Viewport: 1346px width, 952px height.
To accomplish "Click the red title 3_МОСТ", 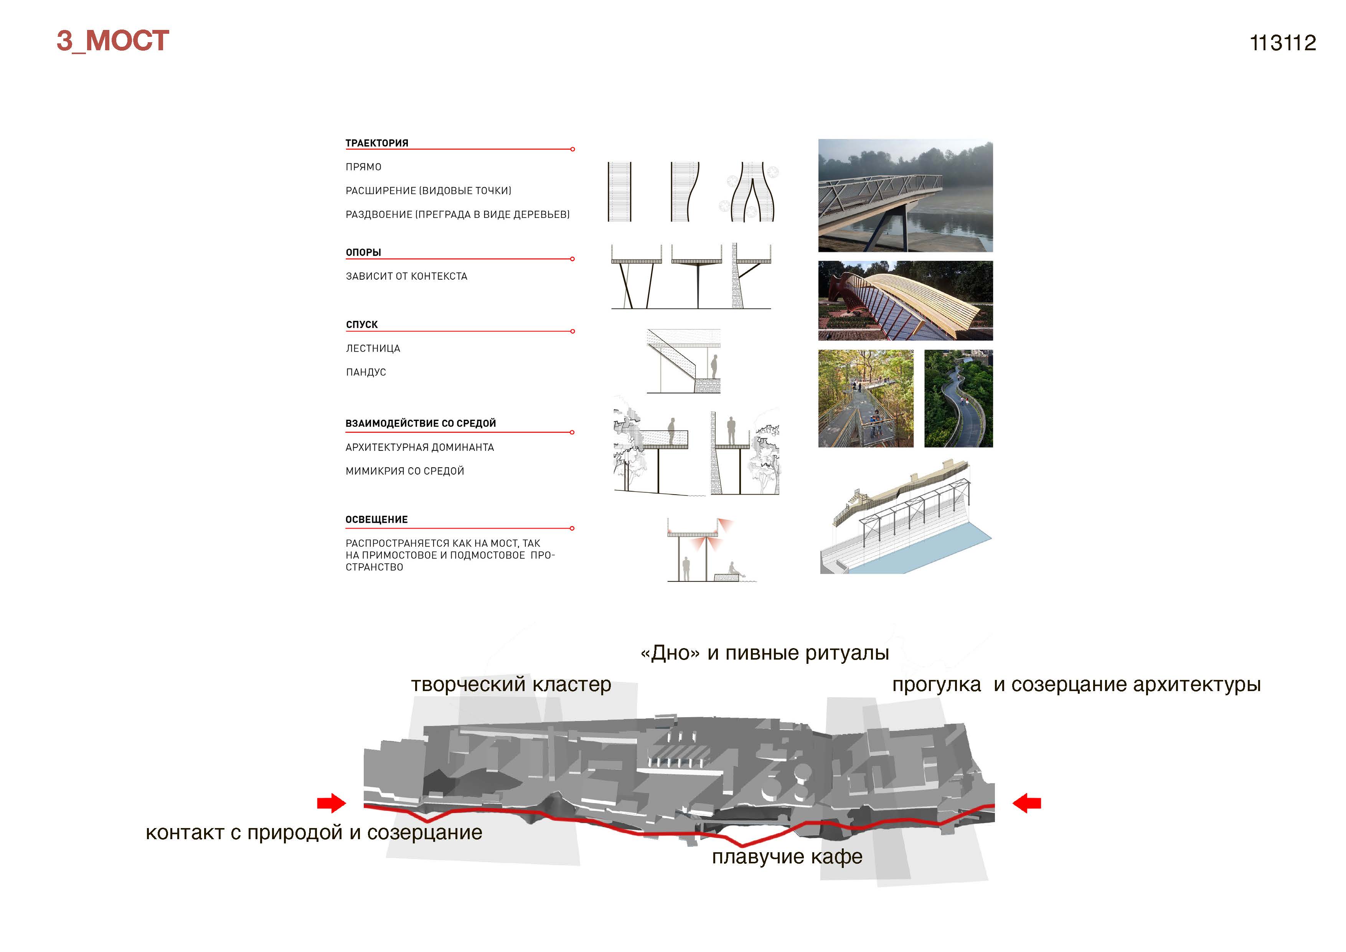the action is click(112, 41).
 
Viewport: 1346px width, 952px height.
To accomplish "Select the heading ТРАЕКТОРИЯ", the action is click(376, 143).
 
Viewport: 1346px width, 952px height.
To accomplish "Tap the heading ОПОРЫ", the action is click(363, 252).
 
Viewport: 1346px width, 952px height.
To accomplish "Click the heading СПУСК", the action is click(362, 325).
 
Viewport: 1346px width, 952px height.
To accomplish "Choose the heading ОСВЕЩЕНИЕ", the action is click(376, 520).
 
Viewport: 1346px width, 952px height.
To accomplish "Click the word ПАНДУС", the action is click(366, 372).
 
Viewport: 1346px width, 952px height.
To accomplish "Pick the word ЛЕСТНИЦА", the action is click(373, 348).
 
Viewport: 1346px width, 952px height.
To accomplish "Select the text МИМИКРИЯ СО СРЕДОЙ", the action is click(404, 471).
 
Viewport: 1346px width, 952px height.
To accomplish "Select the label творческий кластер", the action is click(511, 685).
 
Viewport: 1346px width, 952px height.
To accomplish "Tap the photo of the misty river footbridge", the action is click(905, 196).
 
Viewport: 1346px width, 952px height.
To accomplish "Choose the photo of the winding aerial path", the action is click(958, 399).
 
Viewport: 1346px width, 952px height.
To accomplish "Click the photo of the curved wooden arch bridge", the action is click(905, 301).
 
